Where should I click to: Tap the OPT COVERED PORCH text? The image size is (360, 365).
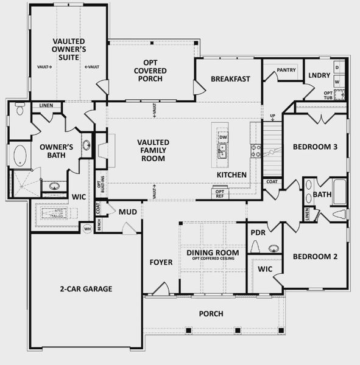click(152, 70)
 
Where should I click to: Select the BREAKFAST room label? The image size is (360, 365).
click(231, 78)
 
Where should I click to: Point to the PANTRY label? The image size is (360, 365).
click(286, 70)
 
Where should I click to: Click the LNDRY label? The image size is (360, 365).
click(320, 76)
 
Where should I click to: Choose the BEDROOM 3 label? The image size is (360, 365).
click(315, 147)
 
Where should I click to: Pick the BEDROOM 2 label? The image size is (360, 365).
click(315, 256)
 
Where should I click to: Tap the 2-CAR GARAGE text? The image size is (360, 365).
click(86, 289)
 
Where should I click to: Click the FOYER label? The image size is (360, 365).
click(161, 262)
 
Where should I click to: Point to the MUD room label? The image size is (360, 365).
click(127, 212)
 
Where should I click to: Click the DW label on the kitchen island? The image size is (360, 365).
click(223, 137)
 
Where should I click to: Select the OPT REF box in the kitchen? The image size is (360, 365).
click(219, 193)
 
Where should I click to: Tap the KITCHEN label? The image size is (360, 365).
click(231, 175)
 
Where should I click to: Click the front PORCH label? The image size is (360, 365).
click(211, 314)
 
